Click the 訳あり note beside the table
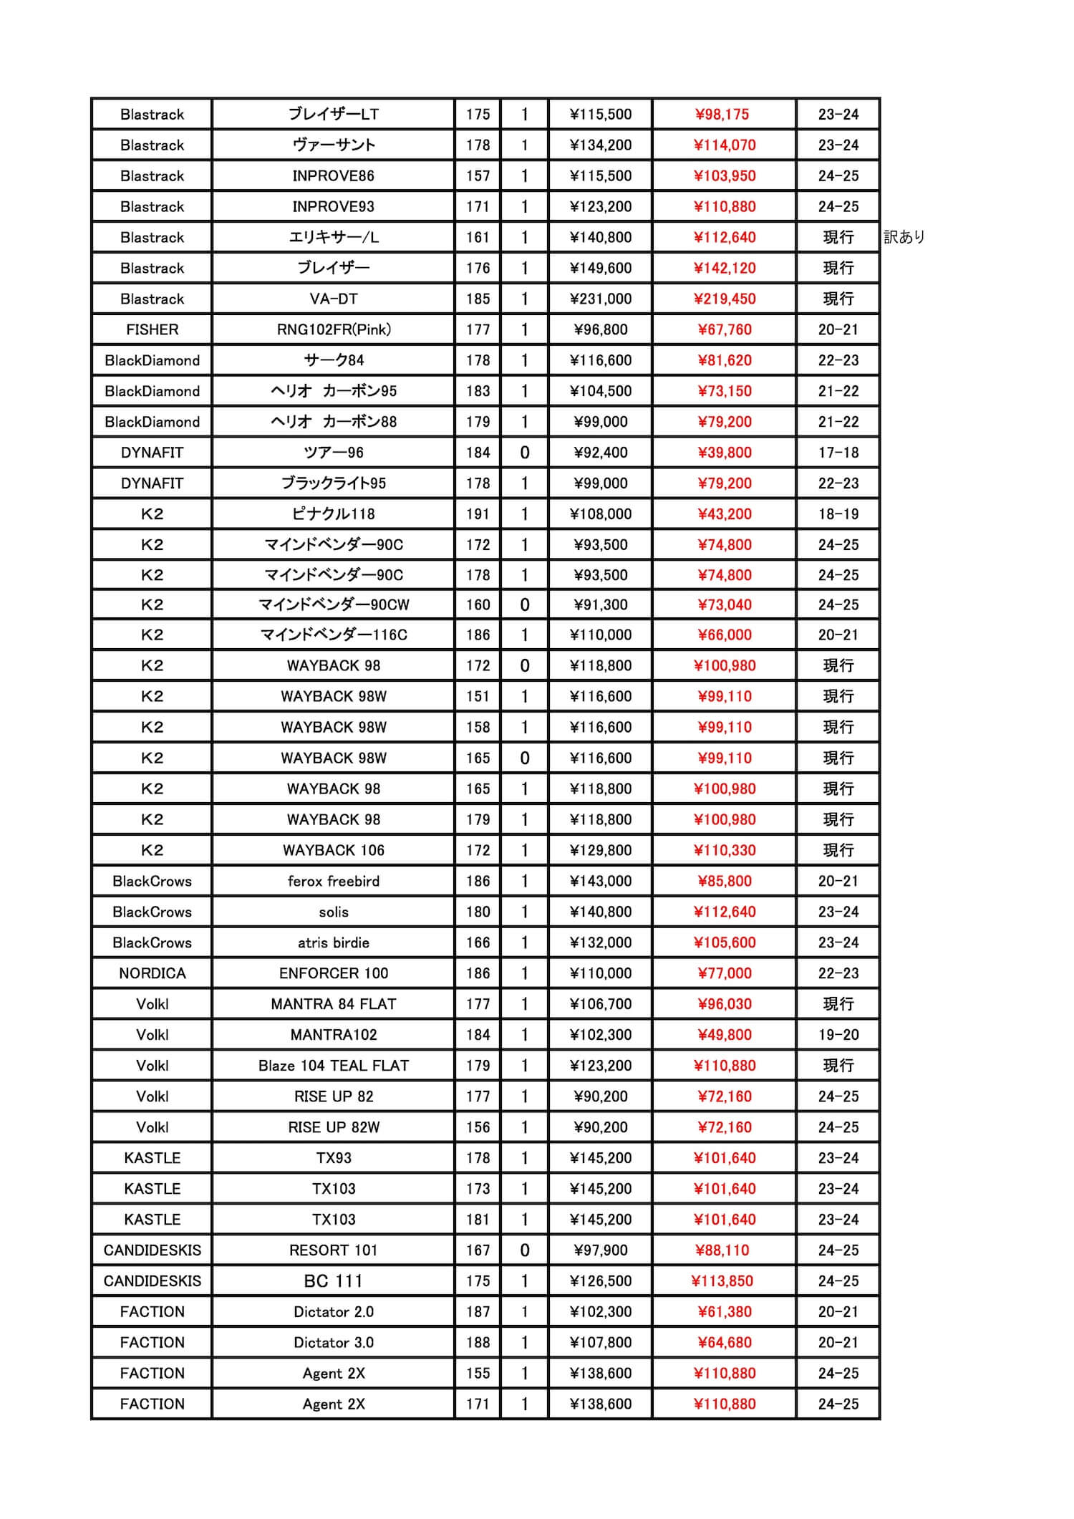[x=904, y=237]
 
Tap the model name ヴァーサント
[x=334, y=145]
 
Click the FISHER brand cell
[x=152, y=330]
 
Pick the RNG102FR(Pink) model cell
[x=334, y=330]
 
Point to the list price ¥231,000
[x=601, y=299]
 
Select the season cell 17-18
[x=838, y=453]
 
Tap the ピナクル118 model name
[x=334, y=514]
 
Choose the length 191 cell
[x=478, y=514]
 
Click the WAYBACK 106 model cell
[x=334, y=851]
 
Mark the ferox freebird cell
[x=334, y=882]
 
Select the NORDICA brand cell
[x=152, y=973]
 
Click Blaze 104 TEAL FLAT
[x=334, y=1066]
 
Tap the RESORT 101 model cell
[x=334, y=1250]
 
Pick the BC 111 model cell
[x=334, y=1281]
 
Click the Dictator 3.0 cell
[x=334, y=1343]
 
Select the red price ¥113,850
[x=722, y=1281]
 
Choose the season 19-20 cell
[x=838, y=1035]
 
